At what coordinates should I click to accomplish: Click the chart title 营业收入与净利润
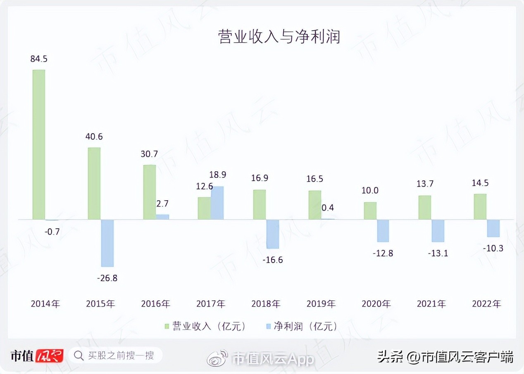click(x=279, y=37)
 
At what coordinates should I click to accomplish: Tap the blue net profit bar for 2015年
click(x=107, y=243)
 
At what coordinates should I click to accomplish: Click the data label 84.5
click(x=39, y=59)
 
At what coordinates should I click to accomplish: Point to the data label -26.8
click(x=107, y=278)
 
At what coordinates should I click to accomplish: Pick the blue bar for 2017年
click(x=217, y=203)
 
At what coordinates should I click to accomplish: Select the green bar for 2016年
click(x=149, y=192)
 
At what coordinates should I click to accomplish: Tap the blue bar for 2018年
click(x=273, y=234)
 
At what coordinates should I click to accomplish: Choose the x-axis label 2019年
click(x=321, y=304)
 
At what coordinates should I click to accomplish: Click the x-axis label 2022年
click(x=486, y=304)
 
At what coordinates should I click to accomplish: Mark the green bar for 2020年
click(x=370, y=211)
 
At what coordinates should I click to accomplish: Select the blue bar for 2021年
click(x=438, y=230)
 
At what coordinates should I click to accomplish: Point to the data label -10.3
click(x=493, y=248)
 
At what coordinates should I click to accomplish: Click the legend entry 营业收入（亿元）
click(x=205, y=326)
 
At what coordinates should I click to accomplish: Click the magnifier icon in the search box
click(x=79, y=355)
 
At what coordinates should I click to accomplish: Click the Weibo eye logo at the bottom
click(x=218, y=358)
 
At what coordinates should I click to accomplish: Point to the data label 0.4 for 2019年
click(x=328, y=207)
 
